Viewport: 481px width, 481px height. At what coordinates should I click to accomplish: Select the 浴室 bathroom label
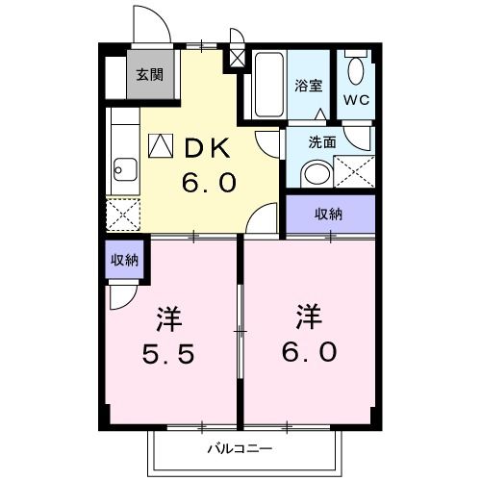tap(308, 85)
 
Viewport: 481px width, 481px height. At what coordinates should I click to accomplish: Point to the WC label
tap(360, 100)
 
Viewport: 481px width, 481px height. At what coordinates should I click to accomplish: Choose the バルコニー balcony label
tap(240, 448)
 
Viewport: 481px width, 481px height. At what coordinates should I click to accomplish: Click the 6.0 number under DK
tap(206, 182)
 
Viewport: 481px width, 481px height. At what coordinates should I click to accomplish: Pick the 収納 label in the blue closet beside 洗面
tap(330, 215)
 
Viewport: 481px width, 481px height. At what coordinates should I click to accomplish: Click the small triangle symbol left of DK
tap(160, 145)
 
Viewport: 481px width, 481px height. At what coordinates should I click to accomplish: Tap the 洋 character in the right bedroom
tap(308, 316)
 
